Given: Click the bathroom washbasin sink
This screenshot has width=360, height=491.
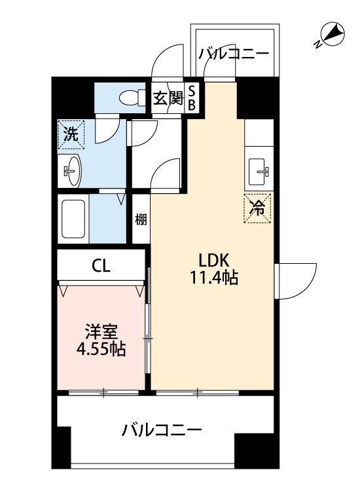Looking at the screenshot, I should click(72, 172).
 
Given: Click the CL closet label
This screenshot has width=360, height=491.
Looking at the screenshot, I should click(100, 266).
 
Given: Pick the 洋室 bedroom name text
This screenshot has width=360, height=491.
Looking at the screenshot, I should click(99, 330).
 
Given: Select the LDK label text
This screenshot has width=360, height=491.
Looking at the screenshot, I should click(211, 260).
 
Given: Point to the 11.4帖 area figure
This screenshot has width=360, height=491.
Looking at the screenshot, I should click(211, 278).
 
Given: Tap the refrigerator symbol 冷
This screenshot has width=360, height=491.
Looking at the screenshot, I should click(258, 209).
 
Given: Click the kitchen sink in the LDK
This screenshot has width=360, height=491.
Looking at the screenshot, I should click(260, 172).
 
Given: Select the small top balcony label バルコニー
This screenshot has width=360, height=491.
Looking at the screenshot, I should click(234, 54).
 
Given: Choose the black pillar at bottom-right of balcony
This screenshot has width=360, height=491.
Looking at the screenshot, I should click(253, 451).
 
